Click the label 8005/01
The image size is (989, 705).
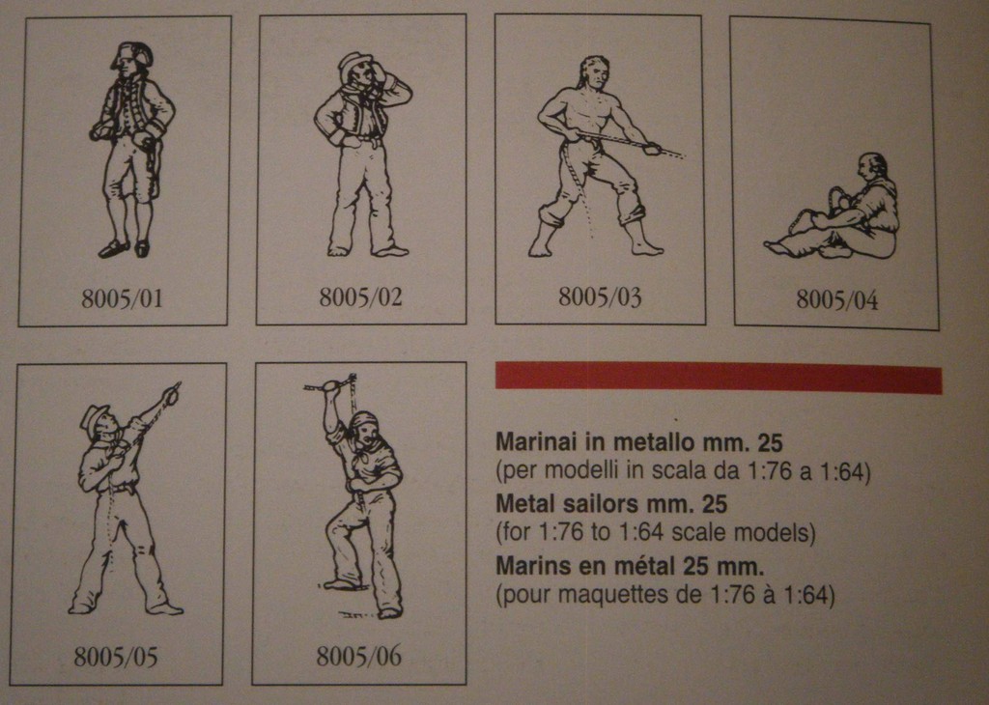pyautogui.click(x=122, y=298)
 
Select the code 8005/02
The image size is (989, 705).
pyautogui.click(x=360, y=296)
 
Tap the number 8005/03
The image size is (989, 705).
pyautogui.click(x=599, y=296)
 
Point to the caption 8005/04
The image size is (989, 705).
pyautogui.click(x=836, y=299)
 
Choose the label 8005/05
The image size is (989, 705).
pyautogui.click(x=116, y=657)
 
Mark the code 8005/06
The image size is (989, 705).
pyautogui.click(x=359, y=656)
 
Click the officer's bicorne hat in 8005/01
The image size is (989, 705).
pyautogui.click(x=133, y=54)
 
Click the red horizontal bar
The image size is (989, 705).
pyautogui.click(x=719, y=377)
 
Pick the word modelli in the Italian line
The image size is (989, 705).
pyautogui.click(x=582, y=471)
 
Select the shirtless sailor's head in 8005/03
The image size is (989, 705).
pyautogui.click(x=595, y=72)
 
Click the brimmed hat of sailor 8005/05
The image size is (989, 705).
pyautogui.click(x=96, y=418)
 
